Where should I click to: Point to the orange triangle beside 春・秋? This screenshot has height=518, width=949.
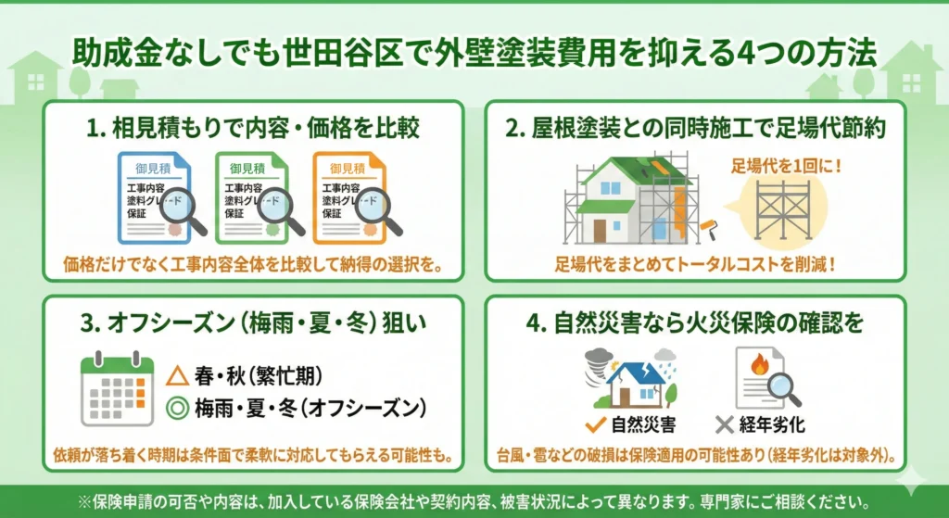177,376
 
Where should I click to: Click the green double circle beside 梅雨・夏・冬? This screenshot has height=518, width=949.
177,408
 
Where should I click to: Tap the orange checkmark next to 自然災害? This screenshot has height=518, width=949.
596,424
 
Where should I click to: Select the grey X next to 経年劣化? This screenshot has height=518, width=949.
725,424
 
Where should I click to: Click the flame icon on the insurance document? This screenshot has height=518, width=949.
759,364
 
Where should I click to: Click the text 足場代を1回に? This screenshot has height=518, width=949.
786,165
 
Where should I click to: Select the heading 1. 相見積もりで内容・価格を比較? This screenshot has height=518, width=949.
253,128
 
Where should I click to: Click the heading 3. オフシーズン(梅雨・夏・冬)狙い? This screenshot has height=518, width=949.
253,323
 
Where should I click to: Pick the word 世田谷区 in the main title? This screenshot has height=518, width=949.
343,53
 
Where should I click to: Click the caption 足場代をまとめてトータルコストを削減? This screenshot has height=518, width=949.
695,264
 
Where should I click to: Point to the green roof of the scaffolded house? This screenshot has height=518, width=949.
641,171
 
